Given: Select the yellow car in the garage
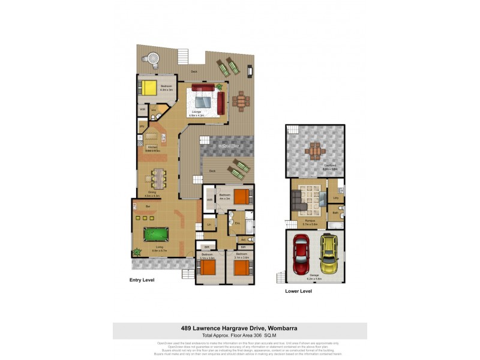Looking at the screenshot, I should tap(328, 253).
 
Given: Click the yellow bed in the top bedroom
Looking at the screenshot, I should tap(148, 88).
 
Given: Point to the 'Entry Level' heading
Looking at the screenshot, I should tap(143, 280).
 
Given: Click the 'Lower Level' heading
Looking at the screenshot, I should tap(298, 291).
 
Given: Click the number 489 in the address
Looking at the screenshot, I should tap(188, 328).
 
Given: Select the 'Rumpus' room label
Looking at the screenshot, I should tap(310, 220).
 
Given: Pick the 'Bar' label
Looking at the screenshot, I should tap(148, 206).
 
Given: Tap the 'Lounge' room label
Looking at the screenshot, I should tap(196, 112).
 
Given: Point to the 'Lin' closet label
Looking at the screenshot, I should tap(209, 224).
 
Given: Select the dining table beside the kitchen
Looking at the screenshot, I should tap(158, 177).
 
